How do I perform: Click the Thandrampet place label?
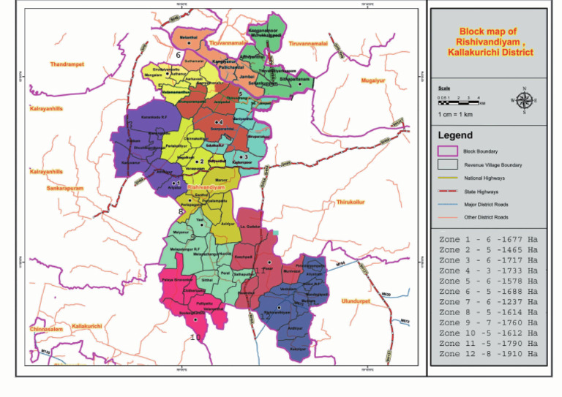click(67, 64)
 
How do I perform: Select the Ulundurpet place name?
click(358, 300)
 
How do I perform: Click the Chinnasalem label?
click(46, 329)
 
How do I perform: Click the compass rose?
click(524, 100)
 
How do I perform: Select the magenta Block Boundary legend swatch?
click(447, 151)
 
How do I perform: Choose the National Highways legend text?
click(484, 178)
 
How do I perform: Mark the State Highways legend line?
click(447, 191)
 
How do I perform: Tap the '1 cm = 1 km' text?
click(454, 115)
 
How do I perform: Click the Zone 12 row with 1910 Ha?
click(488, 354)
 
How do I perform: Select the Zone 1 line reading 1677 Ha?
click(488, 240)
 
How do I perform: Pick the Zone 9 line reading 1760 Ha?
click(488, 322)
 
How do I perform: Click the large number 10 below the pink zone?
click(195, 337)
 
